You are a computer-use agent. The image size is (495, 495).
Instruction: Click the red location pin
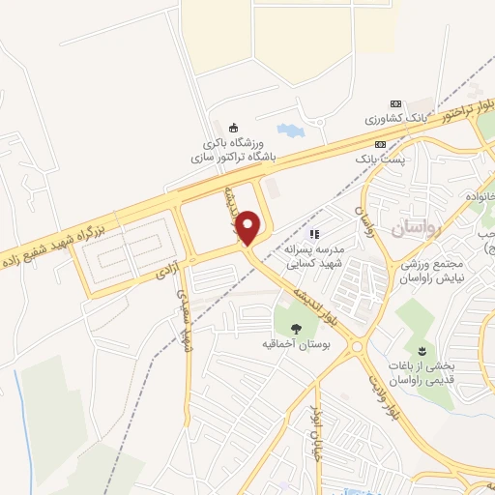pos(248,227)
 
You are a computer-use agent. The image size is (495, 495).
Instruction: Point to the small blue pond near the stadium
pos(288,130)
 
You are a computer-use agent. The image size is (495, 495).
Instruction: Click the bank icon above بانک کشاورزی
pos(394,103)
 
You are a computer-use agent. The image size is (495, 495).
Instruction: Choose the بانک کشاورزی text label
pos(395,118)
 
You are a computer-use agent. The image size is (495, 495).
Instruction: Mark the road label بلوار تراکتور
pos(451,112)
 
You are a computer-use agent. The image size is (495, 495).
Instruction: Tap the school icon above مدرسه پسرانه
pos(313,233)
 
